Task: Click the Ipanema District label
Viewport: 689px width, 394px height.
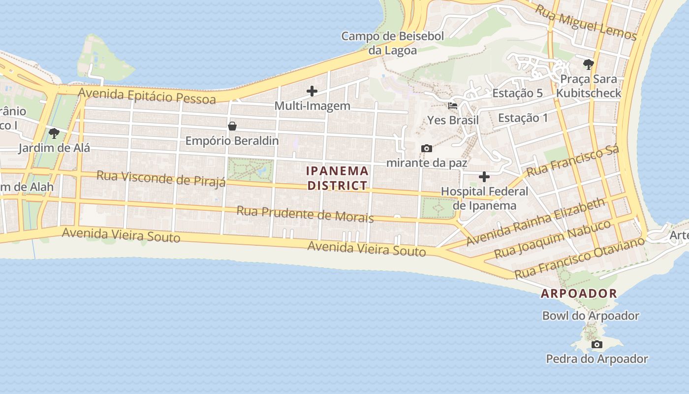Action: [x=337, y=178]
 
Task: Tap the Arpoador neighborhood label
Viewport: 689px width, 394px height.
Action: [x=579, y=294]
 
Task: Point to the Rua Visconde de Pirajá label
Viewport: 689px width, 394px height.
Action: [x=161, y=179]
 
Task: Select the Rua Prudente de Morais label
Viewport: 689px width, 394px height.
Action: [x=305, y=214]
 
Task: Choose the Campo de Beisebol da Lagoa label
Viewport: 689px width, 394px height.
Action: [x=393, y=43]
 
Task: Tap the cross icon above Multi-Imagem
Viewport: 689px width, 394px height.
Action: [x=312, y=91]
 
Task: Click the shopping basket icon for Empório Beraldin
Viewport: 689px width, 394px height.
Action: [x=232, y=126]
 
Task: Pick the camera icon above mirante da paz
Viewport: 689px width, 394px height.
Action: [x=427, y=148]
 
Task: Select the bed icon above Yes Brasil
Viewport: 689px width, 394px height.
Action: [x=453, y=105]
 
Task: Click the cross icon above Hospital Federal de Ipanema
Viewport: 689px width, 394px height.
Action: [x=484, y=176]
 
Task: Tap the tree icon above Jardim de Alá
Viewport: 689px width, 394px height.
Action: [x=54, y=133]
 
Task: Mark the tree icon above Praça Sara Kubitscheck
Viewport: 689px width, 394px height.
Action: [x=588, y=64]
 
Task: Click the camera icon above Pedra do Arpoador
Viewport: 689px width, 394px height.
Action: [x=597, y=344]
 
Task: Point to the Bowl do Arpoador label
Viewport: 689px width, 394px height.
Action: [x=591, y=316]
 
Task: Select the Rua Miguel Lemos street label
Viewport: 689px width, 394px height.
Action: [x=586, y=23]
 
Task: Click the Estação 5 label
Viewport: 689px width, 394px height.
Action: [x=517, y=93]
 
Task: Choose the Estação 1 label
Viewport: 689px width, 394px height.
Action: [x=523, y=118]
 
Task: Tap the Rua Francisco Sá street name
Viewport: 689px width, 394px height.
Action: [x=572, y=161]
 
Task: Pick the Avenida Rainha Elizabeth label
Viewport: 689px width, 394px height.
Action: [x=535, y=222]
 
